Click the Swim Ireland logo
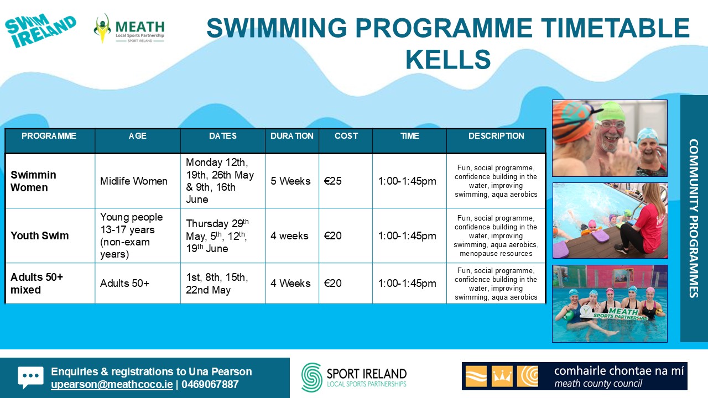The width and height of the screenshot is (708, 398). click(x=40, y=30)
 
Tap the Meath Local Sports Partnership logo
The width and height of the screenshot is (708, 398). click(x=129, y=28)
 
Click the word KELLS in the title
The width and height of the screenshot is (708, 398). click(x=448, y=59)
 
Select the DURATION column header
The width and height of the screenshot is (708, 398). click(x=291, y=136)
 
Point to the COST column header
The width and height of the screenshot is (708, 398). click(x=346, y=136)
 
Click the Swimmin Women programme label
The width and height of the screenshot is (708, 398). click(x=33, y=181)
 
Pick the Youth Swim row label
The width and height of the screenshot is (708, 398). click(x=39, y=235)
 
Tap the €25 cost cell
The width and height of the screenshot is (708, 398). click(x=332, y=181)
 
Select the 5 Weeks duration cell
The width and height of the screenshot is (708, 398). click(x=290, y=181)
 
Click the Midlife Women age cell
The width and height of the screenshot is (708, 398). click(x=134, y=181)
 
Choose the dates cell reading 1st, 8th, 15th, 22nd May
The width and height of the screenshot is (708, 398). click(x=217, y=284)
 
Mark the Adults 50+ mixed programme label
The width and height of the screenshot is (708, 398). click(x=37, y=284)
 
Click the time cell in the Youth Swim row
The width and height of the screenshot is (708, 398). click(x=407, y=235)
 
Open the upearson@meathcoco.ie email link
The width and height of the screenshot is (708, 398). click(x=112, y=384)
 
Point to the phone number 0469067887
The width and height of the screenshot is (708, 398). click(x=210, y=384)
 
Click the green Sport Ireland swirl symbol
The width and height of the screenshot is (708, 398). click(x=311, y=378)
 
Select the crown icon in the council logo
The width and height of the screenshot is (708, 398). click(x=502, y=376)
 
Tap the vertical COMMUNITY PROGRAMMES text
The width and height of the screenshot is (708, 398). click(x=694, y=218)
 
